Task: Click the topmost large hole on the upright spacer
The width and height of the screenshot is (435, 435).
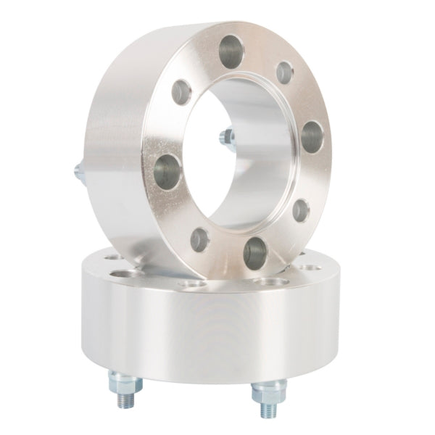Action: coord(231,52)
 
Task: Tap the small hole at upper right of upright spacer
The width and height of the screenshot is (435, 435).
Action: coord(285,72)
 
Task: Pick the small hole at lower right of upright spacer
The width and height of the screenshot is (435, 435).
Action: coord(300,210)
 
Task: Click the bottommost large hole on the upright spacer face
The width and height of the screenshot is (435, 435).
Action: coord(255,252)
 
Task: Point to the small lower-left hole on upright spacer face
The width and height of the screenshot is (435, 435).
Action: coord(199,239)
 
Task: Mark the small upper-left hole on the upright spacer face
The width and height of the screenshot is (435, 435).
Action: coord(181,91)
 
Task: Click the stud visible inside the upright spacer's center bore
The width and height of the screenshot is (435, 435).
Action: coord(226,136)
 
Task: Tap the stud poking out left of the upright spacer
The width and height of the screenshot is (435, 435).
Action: coord(78,171)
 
